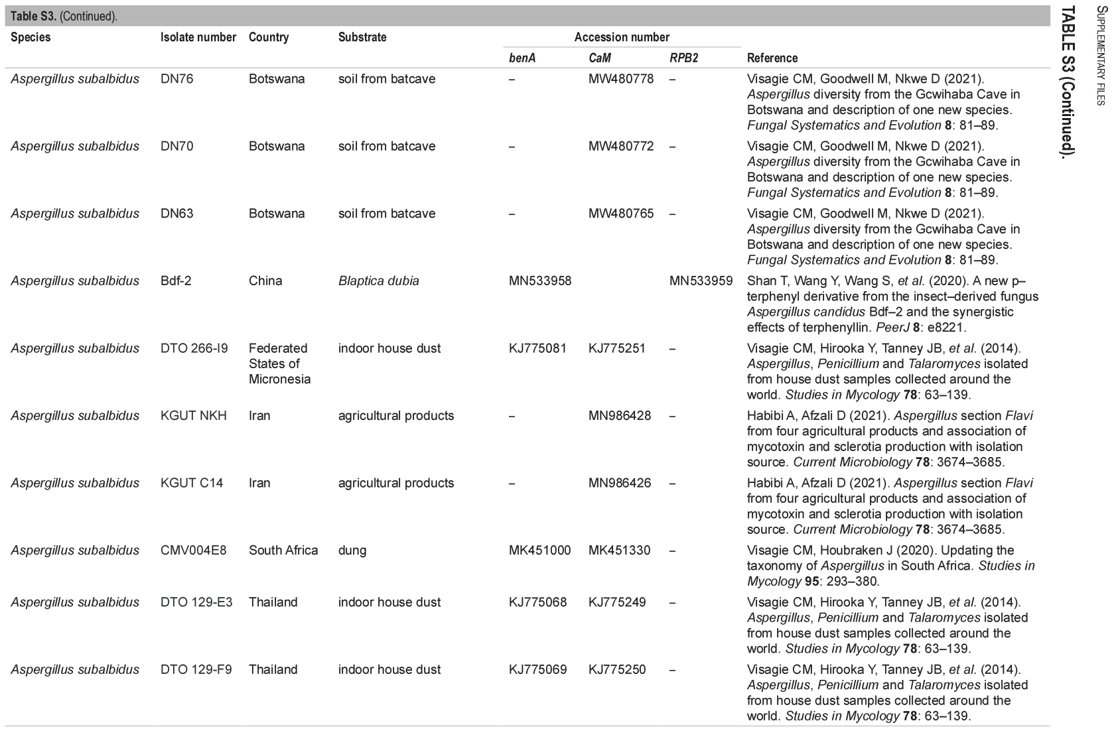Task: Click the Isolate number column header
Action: point(198,37)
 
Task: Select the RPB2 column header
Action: point(683,58)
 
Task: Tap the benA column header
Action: point(522,58)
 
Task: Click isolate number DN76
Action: point(177,79)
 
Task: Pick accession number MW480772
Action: point(620,146)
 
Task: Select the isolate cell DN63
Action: point(177,214)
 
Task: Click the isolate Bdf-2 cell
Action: point(176,281)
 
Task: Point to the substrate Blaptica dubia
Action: point(378,281)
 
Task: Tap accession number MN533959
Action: point(701,281)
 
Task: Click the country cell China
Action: point(265,281)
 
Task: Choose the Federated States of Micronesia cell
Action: point(279,364)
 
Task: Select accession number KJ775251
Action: point(616,348)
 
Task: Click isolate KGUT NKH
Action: point(194,416)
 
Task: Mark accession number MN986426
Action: point(619,483)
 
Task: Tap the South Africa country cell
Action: point(283,551)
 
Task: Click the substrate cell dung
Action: point(352,551)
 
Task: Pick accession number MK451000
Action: point(539,551)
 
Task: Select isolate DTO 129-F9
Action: point(196,669)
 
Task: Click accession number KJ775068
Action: point(537,602)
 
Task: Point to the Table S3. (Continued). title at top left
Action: point(64,17)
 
